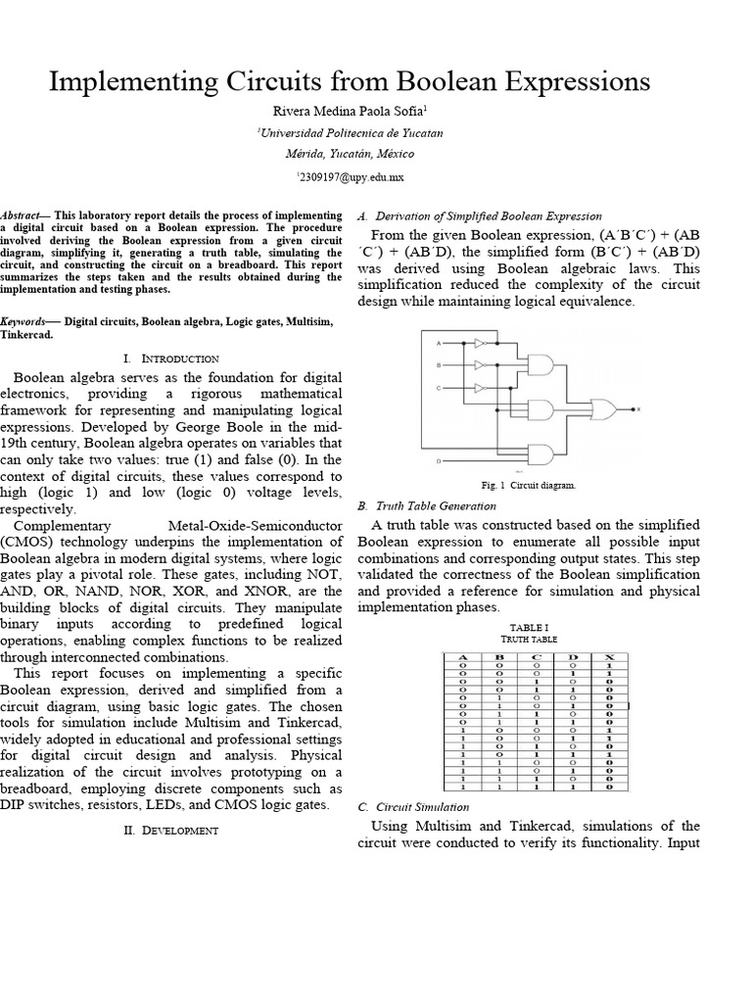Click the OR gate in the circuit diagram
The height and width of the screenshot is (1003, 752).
click(x=602, y=408)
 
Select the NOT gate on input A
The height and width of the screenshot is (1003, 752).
click(x=479, y=344)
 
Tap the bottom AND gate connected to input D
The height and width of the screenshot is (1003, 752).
click(x=540, y=454)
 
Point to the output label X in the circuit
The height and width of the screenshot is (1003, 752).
click(x=638, y=409)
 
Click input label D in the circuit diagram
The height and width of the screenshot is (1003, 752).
click(x=438, y=460)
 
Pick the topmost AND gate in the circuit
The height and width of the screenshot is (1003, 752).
click(x=540, y=365)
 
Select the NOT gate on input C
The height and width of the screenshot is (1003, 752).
click(x=479, y=388)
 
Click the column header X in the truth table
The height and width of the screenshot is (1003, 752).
click(x=608, y=656)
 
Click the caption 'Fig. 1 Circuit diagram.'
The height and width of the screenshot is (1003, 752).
click(x=529, y=485)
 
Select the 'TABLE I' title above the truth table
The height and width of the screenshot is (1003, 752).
click(x=529, y=627)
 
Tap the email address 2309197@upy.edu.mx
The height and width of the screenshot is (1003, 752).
click(x=350, y=177)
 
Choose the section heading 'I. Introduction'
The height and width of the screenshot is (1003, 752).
click(x=171, y=358)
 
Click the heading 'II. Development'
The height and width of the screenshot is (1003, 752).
click(x=171, y=830)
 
